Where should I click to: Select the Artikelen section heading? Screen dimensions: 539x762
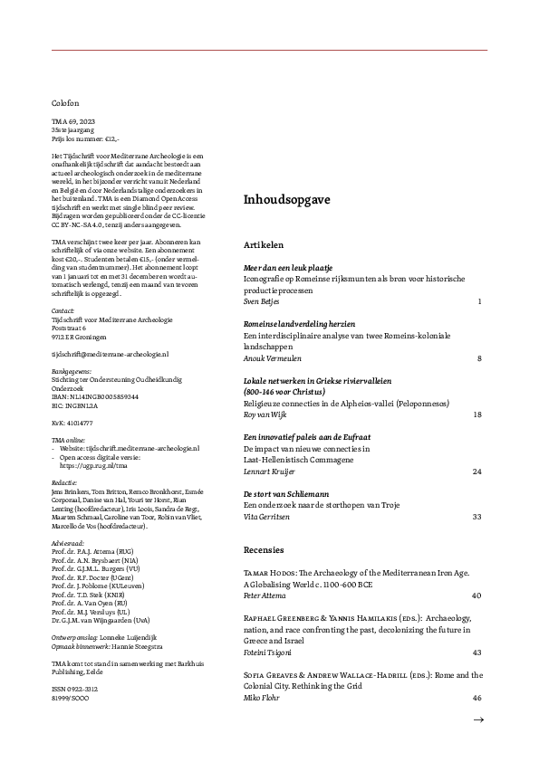[x=264, y=244]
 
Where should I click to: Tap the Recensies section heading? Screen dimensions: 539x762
[x=264, y=549]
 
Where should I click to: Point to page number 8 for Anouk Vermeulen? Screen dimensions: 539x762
[x=478, y=358]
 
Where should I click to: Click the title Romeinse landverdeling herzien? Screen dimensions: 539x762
[x=299, y=324]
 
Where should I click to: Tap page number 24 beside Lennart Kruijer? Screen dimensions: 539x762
[x=476, y=471]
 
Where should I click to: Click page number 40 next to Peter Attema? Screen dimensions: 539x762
[x=476, y=596]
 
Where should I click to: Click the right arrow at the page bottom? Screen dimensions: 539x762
[x=478, y=719]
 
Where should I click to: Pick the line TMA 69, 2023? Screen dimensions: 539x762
[x=72, y=123]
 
